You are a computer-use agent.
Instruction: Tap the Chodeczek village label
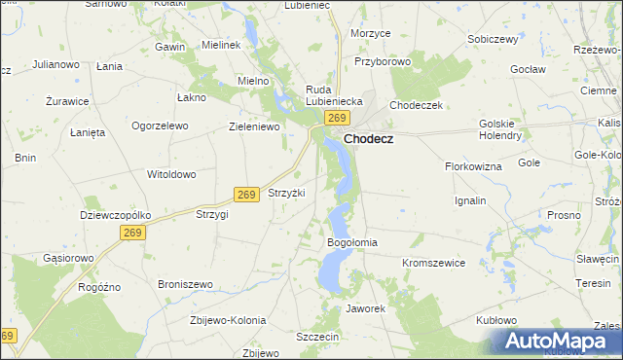pyautogui.click(x=416, y=105)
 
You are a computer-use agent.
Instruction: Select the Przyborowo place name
pyautogui.click(x=383, y=60)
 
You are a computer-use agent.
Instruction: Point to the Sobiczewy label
pyautogui.click(x=491, y=39)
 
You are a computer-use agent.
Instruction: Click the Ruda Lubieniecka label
pyautogui.click(x=334, y=94)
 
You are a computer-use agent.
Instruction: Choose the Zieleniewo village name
pyautogui.click(x=254, y=126)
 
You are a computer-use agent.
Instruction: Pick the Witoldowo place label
pyautogui.click(x=171, y=174)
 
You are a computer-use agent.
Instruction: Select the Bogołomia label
pyautogui.click(x=351, y=241)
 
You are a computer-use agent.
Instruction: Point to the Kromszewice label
pyautogui.click(x=433, y=263)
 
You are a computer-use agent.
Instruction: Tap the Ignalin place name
pyautogui.click(x=470, y=200)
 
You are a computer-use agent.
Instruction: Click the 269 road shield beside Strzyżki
pyautogui.click(x=246, y=195)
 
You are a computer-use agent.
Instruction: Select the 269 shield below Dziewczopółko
pyautogui.click(x=132, y=233)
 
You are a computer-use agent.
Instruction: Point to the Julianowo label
pyautogui.click(x=55, y=65)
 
